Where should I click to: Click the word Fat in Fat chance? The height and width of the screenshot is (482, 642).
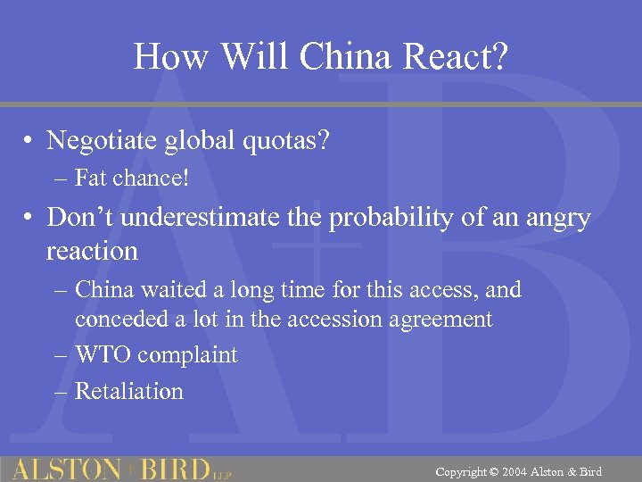click(92, 178)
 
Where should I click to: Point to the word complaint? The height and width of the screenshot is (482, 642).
click(191, 355)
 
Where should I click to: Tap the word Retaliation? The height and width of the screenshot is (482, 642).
click(128, 391)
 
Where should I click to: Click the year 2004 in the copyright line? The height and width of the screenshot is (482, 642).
click(519, 471)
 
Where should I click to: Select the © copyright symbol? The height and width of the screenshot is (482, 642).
click(496, 471)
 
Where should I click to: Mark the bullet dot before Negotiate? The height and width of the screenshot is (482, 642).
click(29, 142)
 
